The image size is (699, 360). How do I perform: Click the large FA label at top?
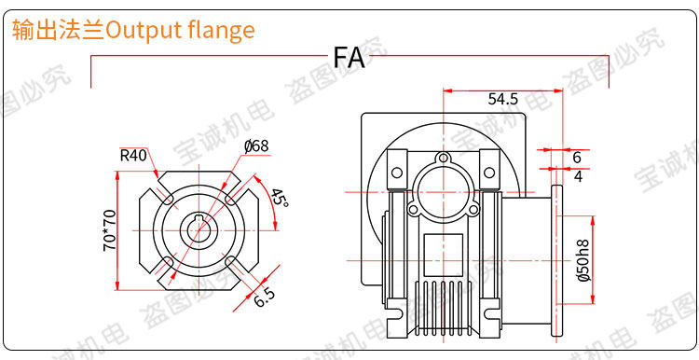349,58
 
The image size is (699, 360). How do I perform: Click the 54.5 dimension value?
503,99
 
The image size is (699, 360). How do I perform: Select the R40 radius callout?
133,156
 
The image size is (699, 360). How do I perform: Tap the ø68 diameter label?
256,145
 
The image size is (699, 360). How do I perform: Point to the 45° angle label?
281,197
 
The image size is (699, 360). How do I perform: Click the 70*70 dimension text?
110,230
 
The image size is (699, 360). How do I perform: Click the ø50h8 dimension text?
583,260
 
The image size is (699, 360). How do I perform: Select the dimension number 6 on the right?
577,157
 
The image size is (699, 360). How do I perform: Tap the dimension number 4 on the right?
578,176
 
